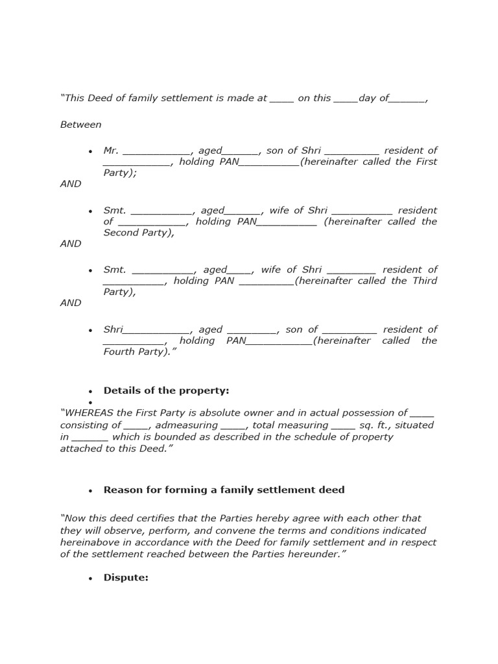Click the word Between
point(81,124)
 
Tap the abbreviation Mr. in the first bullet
point(111,150)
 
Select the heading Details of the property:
point(166,390)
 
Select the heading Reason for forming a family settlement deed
point(224,490)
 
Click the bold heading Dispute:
point(126,577)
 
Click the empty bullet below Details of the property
point(91,403)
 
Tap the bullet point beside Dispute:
point(91,578)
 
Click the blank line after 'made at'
point(281,99)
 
